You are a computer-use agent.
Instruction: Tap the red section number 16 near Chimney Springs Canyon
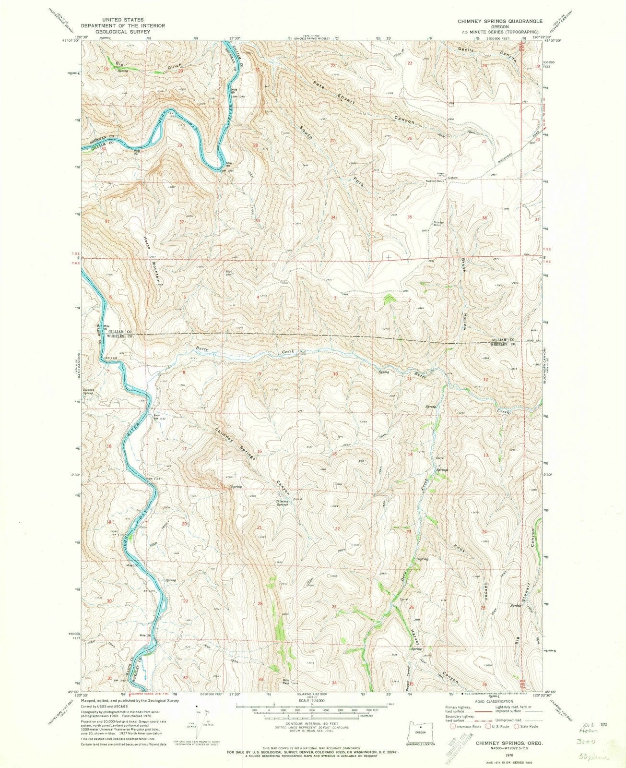point(260,451)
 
